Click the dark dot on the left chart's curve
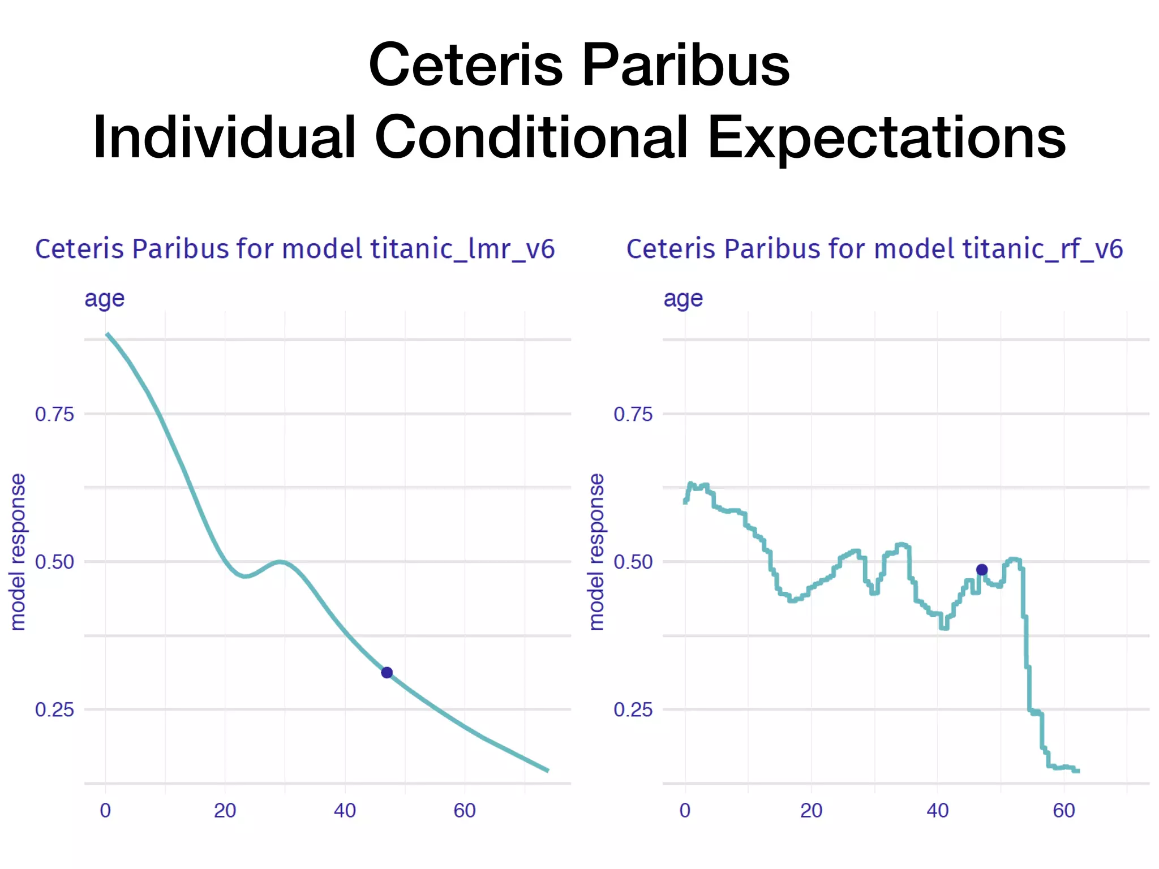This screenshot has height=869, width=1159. coord(387,673)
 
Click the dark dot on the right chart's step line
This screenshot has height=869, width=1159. coord(982,570)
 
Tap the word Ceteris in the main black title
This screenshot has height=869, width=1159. coord(466,65)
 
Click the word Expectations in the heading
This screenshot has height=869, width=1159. coord(887,137)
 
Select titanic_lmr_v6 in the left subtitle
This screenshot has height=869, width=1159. coord(462,249)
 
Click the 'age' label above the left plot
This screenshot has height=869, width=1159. coord(104,299)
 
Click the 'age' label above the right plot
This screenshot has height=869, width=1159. coord(683,299)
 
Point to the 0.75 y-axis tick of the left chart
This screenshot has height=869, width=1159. coord(54,414)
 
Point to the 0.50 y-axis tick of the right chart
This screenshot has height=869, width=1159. coord(633,562)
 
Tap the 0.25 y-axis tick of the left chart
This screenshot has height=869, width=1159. coord(54,709)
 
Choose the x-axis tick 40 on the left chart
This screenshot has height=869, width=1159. coord(345,811)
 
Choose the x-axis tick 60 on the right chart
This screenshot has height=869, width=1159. coord(1064,811)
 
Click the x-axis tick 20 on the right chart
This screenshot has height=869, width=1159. coord(811,811)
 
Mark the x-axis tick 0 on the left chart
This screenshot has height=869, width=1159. coord(105,811)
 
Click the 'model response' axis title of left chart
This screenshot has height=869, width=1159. coord(18,552)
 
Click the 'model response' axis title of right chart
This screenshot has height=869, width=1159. coord(596,552)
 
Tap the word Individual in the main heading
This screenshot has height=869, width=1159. coord(224,137)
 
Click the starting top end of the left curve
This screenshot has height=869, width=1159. coord(108,334)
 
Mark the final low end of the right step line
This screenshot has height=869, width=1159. coord(1078,771)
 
